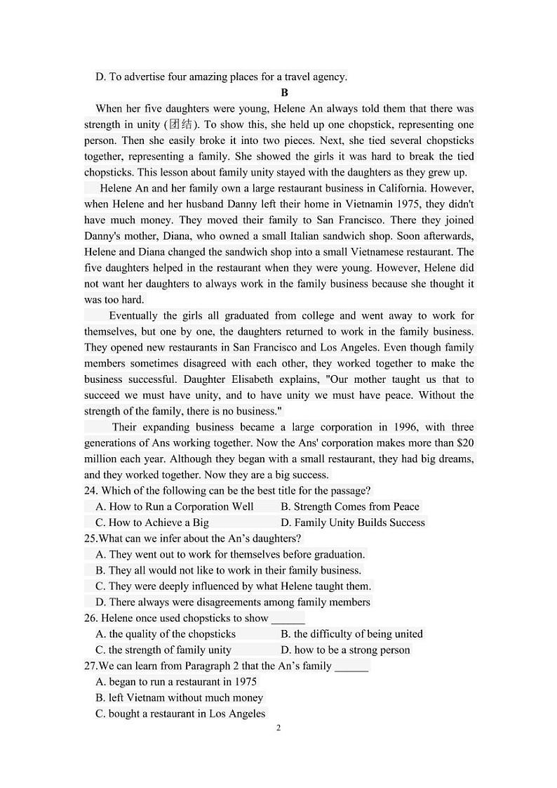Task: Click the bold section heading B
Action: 284,93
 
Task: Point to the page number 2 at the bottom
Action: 278,728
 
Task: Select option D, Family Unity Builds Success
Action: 352,523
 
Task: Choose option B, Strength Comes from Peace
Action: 349,506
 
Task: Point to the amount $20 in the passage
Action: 465,443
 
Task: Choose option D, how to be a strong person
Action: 344,650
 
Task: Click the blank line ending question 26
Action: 288,619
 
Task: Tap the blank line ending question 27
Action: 351,666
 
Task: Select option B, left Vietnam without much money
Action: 179,697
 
